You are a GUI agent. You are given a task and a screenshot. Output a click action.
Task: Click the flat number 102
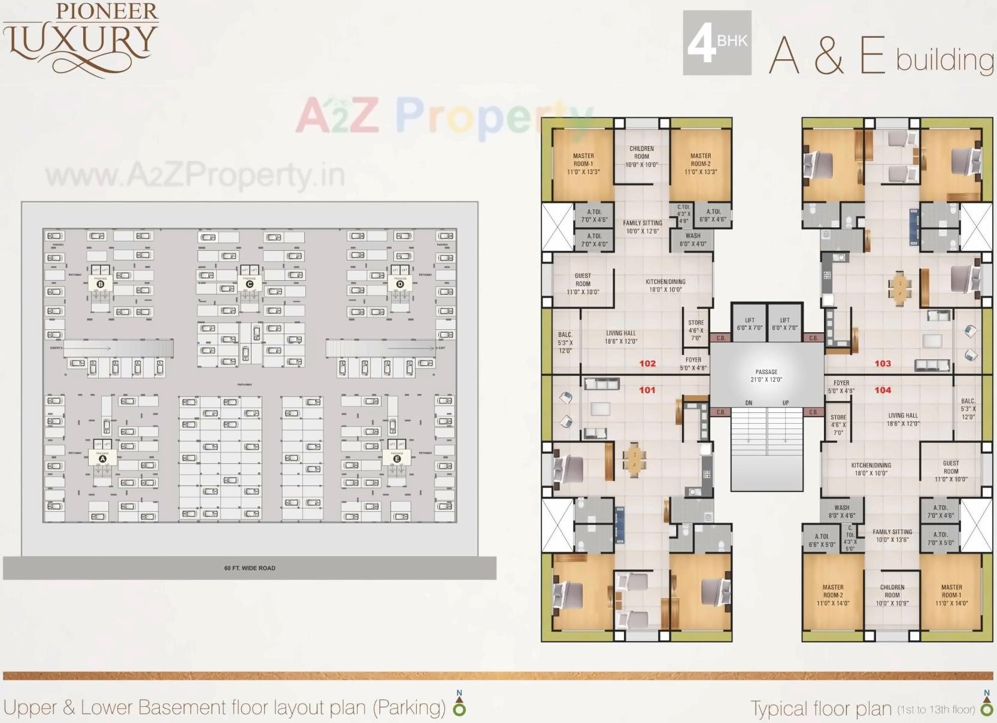point(647,363)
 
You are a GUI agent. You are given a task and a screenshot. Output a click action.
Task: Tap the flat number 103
point(883,363)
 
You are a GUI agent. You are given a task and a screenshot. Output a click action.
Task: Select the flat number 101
point(647,390)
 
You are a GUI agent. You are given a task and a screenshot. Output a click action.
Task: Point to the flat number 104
point(883,390)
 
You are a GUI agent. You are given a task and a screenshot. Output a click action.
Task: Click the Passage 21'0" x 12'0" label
point(766,375)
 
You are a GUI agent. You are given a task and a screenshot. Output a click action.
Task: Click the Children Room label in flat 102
point(641,156)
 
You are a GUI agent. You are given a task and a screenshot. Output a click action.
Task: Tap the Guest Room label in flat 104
point(951,471)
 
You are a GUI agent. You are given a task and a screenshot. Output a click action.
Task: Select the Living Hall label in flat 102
point(621,337)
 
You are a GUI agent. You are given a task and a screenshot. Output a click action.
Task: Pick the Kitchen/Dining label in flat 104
point(871,469)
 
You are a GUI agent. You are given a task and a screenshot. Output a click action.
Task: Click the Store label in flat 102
point(696,330)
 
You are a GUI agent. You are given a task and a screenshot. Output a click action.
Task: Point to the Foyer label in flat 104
point(841,387)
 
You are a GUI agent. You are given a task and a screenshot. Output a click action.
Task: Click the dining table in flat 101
point(634,459)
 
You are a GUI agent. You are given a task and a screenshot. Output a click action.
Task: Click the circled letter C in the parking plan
point(250,284)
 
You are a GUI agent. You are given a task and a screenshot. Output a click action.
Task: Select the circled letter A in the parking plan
point(102,459)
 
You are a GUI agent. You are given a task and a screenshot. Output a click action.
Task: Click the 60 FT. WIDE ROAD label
point(250,568)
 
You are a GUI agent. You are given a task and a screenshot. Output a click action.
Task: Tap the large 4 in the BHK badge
point(701,44)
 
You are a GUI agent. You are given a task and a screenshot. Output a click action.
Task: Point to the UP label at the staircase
point(786,403)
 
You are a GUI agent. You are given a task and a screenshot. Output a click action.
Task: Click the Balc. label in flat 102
point(565,343)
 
